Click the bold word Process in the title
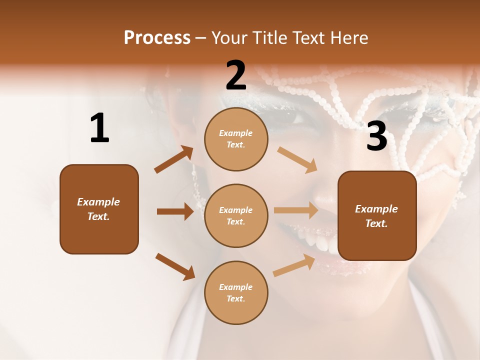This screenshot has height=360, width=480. [x=157, y=37]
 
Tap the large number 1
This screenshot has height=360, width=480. [x=99, y=128]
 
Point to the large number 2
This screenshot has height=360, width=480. [x=236, y=75]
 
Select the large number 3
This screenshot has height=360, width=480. [x=376, y=136]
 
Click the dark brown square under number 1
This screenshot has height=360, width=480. [x=99, y=209]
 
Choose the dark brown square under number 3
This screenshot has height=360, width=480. [x=377, y=215]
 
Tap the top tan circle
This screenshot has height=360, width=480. [x=236, y=139]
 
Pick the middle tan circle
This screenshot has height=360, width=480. [x=236, y=215]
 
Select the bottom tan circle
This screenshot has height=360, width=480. [x=236, y=292]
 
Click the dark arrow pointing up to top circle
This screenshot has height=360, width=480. [x=174, y=159]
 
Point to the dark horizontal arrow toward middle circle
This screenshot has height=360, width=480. [x=175, y=211]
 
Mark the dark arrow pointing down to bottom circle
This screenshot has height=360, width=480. [x=175, y=266]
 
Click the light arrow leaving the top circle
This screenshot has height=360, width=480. [x=297, y=159]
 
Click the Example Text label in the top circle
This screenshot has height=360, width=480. [x=236, y=139]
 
